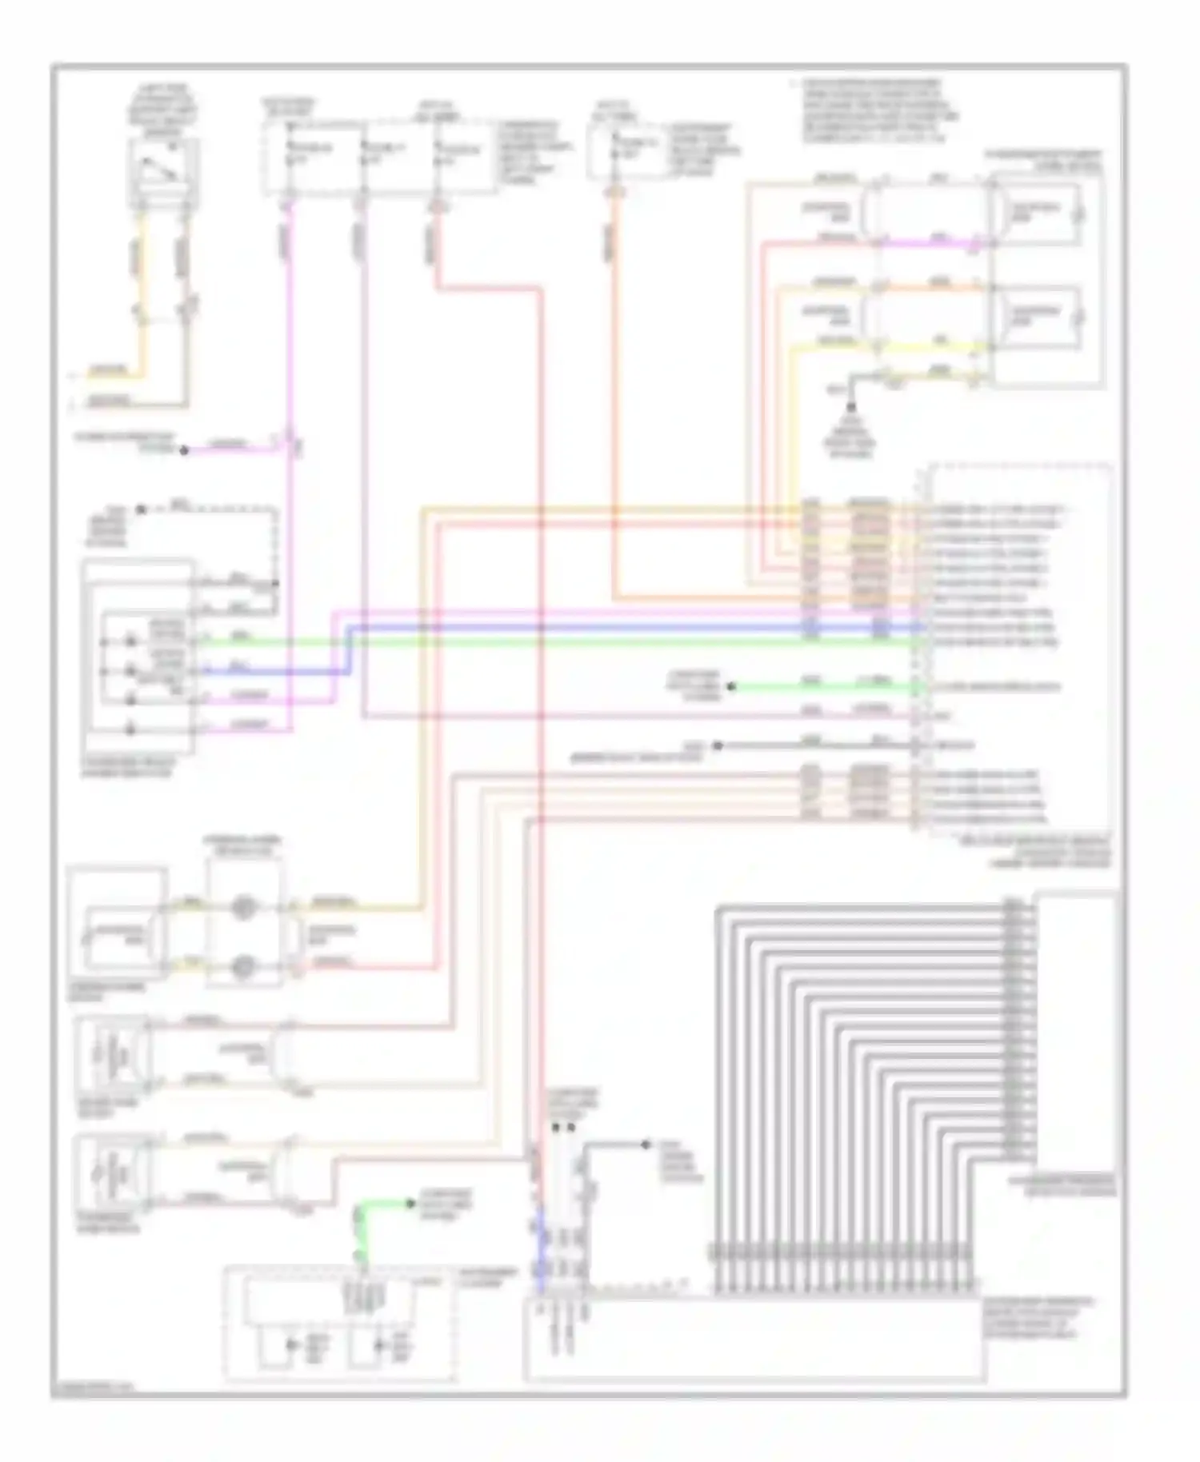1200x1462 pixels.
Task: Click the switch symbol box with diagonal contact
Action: click(x=163, y=171)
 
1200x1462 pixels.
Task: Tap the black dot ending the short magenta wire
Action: click(x=184, y=450)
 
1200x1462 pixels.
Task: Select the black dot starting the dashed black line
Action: click(x=141, y=509)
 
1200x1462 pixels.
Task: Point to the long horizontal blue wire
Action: click(x=640, y=627)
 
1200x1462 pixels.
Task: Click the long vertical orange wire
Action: click(x=614, y=400)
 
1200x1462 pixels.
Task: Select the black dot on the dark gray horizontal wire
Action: click(x=718, y=745)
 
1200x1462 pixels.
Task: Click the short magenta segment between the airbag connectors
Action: click(x=928, y=241)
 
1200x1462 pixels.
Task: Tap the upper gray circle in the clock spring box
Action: click(x=242, y=909)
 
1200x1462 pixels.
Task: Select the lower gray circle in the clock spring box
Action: click(x=242, y=967)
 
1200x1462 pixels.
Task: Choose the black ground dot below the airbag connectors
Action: click(x=851, y=408)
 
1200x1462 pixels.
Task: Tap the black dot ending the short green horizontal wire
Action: click(x=730, y=686)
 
